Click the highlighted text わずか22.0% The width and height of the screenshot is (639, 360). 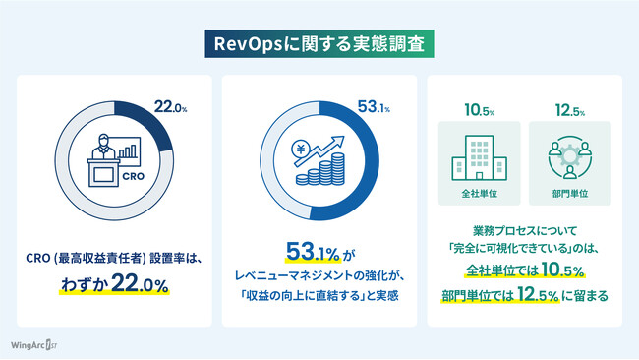(114, 284)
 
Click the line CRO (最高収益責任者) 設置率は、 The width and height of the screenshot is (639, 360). (114, 259)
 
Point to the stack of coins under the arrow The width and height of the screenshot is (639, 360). (328, 176)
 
